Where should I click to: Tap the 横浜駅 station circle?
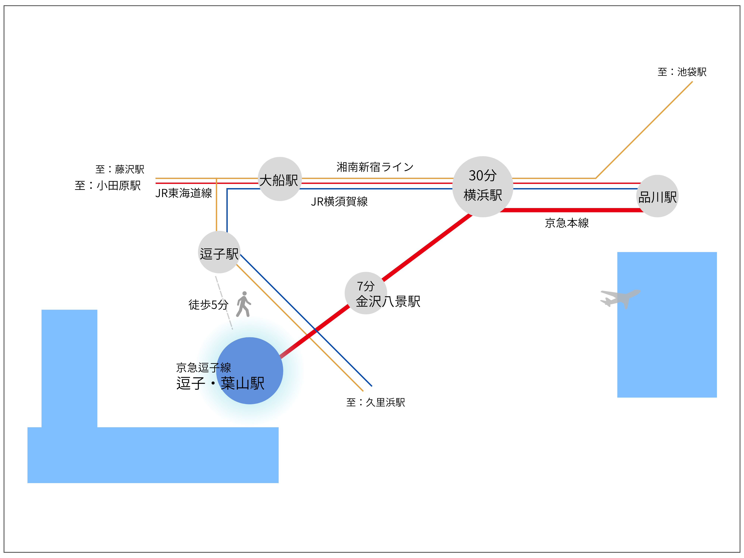[x=483, y=187]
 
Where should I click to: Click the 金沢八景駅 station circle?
[x=366, y=293]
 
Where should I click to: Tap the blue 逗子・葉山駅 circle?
[x=250, y=371]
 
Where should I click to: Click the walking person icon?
[x=244, y=304]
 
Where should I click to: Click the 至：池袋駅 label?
[x=682, y=72]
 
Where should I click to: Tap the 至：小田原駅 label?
[x=108, y=185]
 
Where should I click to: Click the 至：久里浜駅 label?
[x=376, y=402]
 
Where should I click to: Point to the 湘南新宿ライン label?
[x=375, y=167]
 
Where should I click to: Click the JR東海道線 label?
[x=184, y=193]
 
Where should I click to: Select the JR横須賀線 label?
[x=339, y=201]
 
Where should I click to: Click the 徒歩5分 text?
[x=209, y=305]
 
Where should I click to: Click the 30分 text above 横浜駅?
[x=483, y=175]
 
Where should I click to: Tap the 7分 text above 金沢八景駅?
[x=366, y=286]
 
